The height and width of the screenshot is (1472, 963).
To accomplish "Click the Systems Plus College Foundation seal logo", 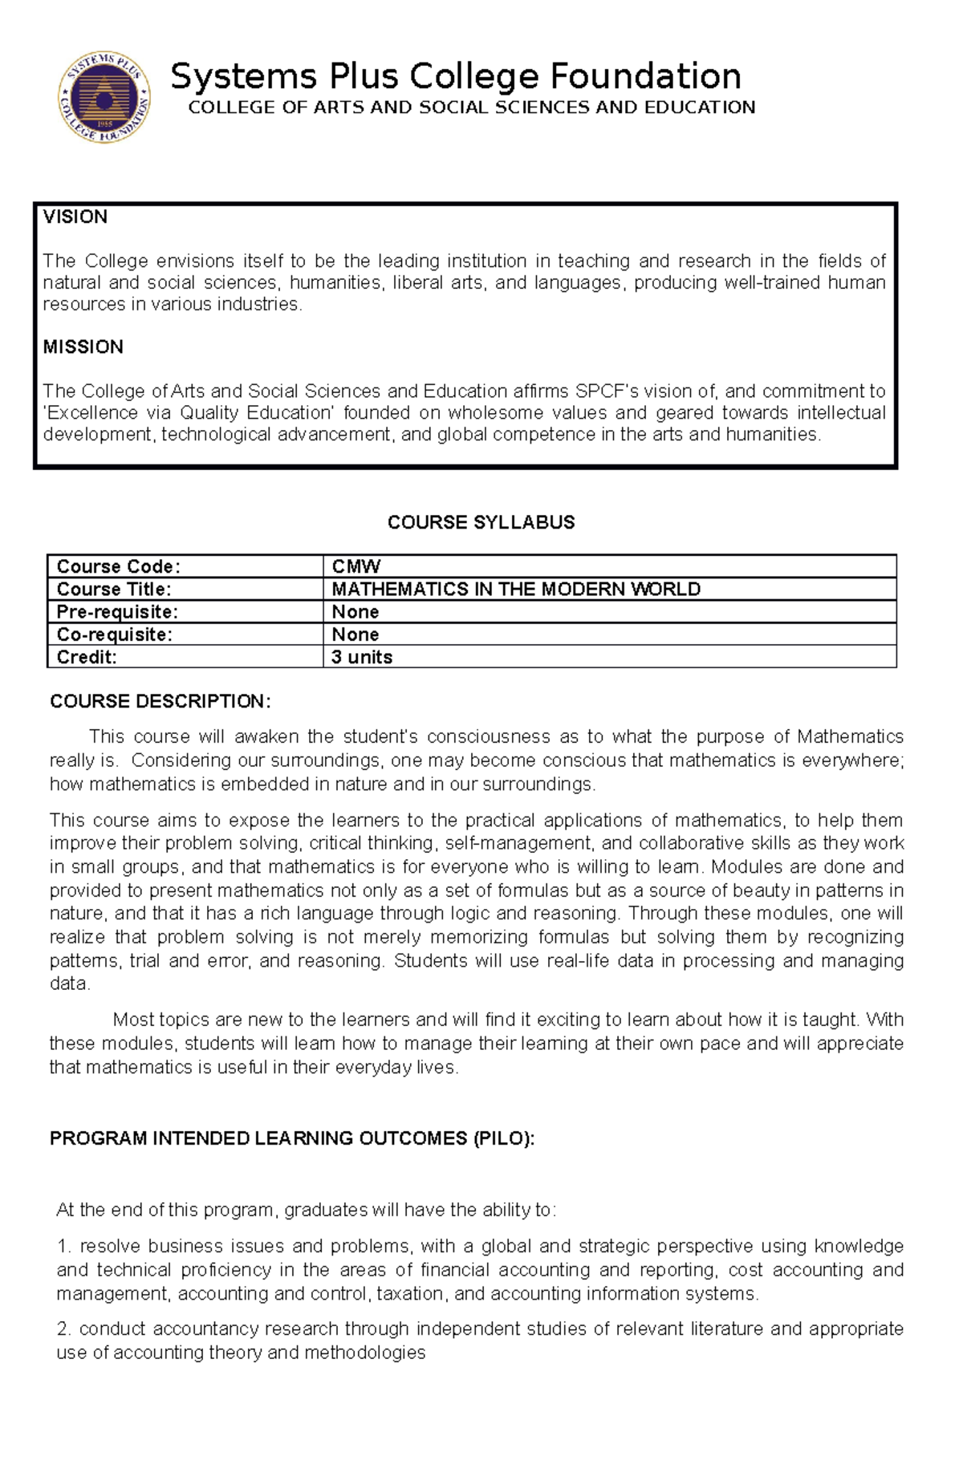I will coord(104,99).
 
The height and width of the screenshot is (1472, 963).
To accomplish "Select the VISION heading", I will coord(75,217).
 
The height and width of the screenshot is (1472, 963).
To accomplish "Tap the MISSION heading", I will coord(83,347).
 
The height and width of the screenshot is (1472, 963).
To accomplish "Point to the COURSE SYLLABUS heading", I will coord(481,522).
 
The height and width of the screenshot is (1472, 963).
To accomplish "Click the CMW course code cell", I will coord(356,566).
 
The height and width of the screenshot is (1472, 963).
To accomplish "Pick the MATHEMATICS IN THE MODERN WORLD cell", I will coord(516,589).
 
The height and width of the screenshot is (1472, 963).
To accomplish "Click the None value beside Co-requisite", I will coord(355,634).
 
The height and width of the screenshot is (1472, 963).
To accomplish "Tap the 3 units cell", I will coord(362,657).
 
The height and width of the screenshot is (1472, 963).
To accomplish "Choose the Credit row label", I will coord(87,657).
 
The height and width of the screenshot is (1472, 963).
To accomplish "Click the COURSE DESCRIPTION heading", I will coord(160,701).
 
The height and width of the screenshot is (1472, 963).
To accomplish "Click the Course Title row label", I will coord(114,589).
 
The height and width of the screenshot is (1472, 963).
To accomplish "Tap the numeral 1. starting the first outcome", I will coord(64,1246).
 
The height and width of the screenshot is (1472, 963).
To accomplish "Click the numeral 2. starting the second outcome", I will coord(64,1328).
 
